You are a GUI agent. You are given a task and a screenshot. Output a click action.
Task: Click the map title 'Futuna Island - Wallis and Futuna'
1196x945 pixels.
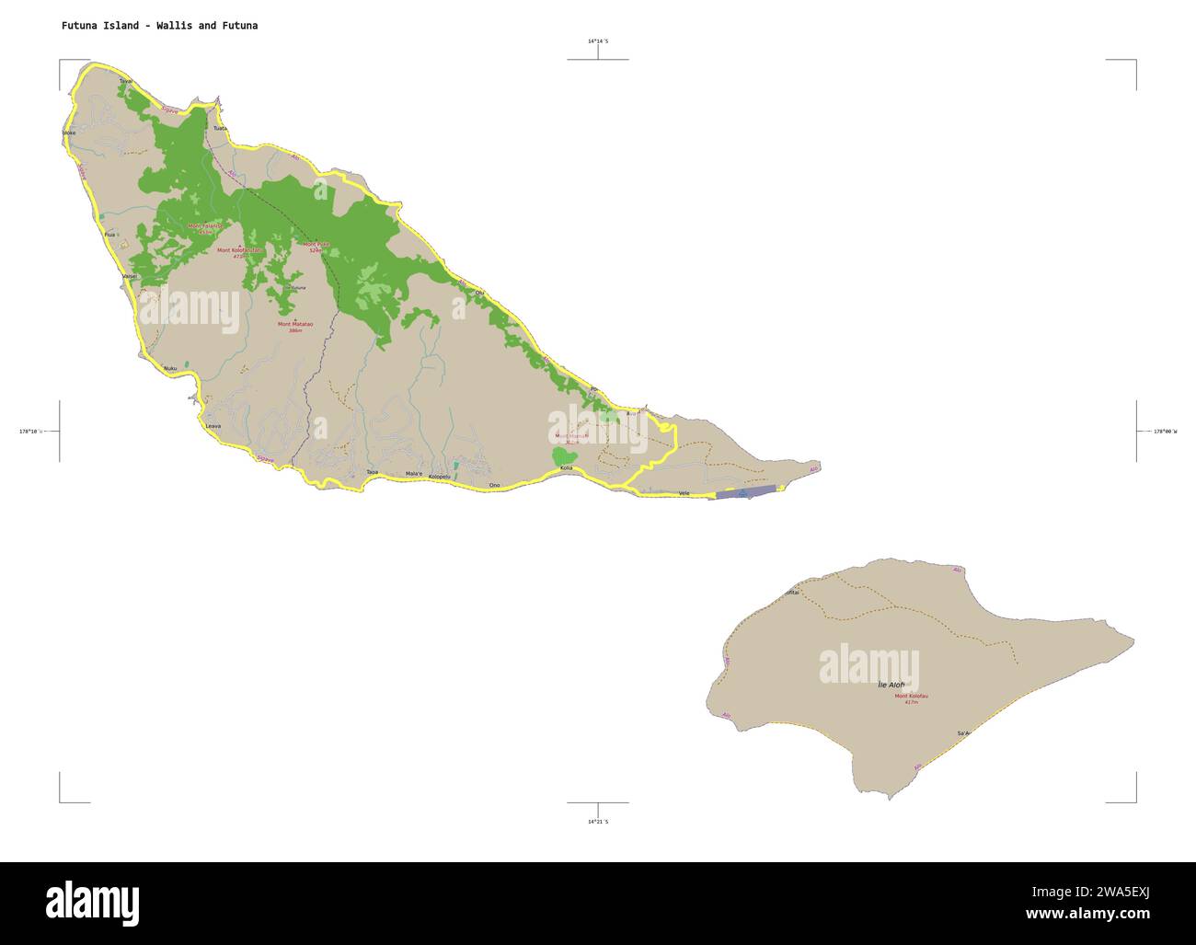point(159,26)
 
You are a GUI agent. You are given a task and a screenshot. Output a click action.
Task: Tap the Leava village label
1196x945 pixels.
point(213,426)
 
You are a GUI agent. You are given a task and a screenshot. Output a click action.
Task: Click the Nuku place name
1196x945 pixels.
point(169,369)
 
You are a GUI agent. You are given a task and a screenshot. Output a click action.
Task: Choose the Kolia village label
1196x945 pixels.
point(566,468)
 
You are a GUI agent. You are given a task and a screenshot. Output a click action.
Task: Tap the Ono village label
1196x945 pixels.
point(494,485)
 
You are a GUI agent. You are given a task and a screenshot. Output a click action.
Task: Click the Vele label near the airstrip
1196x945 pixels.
point(684,494)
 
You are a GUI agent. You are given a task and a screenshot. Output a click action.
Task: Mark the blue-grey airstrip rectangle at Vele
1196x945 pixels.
point(746,493)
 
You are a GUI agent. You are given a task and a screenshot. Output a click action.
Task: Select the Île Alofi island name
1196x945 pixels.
point(891,685)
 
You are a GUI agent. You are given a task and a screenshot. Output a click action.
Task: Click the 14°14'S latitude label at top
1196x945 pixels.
point(598,41)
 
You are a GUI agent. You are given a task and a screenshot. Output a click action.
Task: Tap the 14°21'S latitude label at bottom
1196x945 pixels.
point(598,821)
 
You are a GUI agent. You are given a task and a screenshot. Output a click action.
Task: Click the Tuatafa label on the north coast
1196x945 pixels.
point(220,129)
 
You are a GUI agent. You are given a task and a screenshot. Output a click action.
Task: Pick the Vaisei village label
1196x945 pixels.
point(129,276)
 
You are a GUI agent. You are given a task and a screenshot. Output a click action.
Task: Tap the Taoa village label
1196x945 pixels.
point(372,472)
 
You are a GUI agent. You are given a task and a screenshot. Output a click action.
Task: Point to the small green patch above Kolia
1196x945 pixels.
point(564,455)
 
